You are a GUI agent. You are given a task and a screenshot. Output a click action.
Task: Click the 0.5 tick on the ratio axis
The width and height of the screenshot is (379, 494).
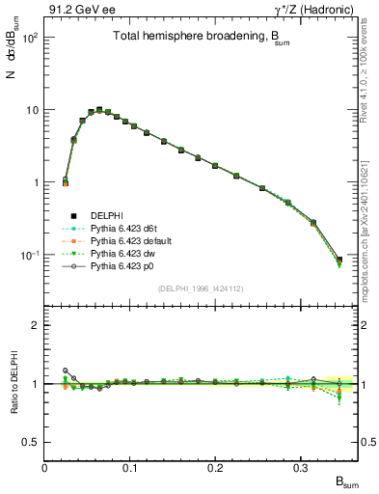coord(32,442)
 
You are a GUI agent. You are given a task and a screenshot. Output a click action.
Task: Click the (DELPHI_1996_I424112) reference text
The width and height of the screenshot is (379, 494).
coord(201,288)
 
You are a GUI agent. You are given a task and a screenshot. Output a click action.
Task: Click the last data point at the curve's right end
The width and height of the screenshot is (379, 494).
coord(338,260)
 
